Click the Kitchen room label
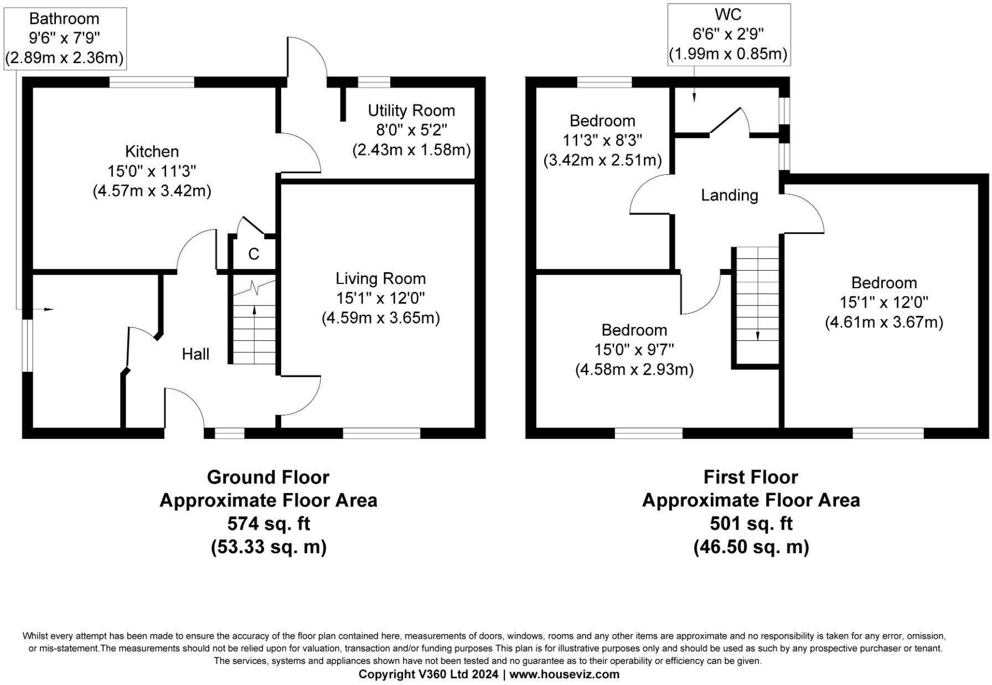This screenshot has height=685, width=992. click(x=152, y=152)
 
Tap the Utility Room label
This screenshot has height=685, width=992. click(x=411, y=111)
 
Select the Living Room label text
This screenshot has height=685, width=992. click(x=381, y=278)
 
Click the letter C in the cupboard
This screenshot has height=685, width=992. click(x=254, y=254)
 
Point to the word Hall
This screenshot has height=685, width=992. click(x=195, y=354)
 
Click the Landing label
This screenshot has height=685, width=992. click(x=729, y=195)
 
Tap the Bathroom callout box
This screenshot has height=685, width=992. click(x=65, y=38)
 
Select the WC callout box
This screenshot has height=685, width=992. click(x=728, y=34)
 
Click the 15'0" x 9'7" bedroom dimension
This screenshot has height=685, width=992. click(x=634, y=350)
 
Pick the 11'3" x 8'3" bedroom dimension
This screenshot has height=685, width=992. click(x=602, y=141)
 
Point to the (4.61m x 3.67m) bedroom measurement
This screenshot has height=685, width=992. click(x=884, y=322)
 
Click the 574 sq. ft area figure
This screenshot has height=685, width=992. click(x=268, y=523)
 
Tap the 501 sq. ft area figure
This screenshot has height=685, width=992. click(x=751, y=523)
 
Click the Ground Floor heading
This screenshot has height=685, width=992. click(x=268, y=477)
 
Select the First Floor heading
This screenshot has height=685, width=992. click(x=751, y=477)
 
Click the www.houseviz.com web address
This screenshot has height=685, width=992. click(x=564, y=674)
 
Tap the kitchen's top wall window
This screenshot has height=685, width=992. click(x=152, y=82)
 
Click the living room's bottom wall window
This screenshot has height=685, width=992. click(x=381, y=433)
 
